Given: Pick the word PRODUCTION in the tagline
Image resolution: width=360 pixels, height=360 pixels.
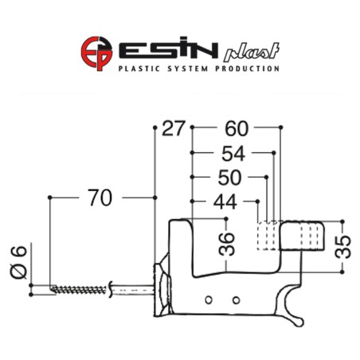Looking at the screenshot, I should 250,69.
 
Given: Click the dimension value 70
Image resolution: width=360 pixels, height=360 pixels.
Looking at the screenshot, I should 100,198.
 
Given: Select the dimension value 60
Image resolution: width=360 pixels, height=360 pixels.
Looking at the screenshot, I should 237,128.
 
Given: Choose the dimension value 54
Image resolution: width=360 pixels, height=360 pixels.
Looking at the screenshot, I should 233,153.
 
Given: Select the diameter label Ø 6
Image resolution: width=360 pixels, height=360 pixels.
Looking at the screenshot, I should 22,260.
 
